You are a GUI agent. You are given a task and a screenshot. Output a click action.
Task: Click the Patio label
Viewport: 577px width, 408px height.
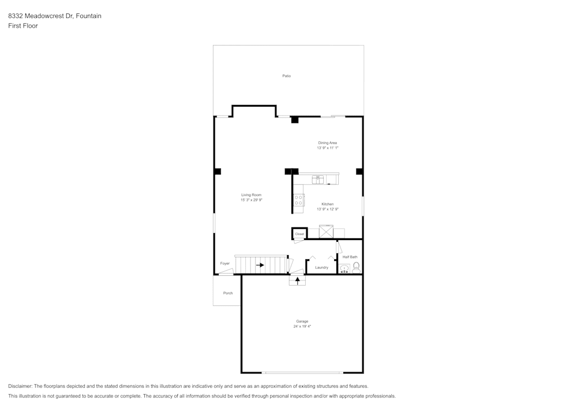286,76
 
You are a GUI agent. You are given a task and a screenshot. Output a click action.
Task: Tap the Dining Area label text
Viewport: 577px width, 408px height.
327,143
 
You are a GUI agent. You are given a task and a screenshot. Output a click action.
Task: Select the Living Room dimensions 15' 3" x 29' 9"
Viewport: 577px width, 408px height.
252,200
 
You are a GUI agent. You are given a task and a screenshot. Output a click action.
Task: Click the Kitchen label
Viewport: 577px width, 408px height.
327,204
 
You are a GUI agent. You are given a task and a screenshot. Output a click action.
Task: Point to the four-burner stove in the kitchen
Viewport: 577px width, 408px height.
299,200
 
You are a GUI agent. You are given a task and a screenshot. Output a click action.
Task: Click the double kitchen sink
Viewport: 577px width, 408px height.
318,179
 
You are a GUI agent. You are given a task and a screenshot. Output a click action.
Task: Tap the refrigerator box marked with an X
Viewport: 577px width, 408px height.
327,232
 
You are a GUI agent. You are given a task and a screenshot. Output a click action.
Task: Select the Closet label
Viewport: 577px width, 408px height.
299,234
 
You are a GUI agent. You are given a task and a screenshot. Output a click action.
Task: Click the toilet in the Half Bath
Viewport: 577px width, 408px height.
356,267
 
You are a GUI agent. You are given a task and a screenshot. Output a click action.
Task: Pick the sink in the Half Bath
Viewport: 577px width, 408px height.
344,268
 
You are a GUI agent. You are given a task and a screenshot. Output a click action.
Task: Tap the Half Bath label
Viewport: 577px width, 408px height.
350,257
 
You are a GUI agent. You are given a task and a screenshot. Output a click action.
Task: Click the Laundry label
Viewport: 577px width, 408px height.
321,267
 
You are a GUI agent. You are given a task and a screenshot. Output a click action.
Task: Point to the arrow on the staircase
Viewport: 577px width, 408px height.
260,265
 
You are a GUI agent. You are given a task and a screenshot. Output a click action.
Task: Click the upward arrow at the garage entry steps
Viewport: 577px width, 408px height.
298,280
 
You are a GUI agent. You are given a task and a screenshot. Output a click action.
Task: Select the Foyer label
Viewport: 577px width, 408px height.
224,263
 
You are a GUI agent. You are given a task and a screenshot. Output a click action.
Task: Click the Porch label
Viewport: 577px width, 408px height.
228,293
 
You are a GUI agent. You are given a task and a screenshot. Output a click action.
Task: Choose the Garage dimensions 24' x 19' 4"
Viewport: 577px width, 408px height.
302,327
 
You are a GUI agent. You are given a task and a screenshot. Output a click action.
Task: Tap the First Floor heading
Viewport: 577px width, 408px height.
23,26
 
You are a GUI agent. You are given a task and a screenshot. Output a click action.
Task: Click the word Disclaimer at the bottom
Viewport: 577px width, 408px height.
20,386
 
